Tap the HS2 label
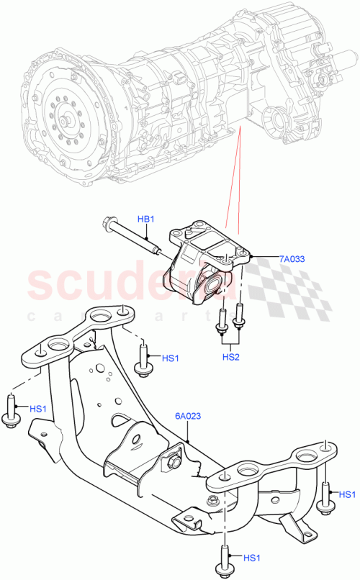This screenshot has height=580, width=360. click(230, 355)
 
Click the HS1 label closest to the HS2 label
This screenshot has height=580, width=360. click(171, 358)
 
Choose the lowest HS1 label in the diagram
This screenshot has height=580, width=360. click(251, 557)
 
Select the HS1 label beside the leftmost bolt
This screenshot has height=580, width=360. click(39, 409)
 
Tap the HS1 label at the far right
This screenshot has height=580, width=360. click(346, 494)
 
